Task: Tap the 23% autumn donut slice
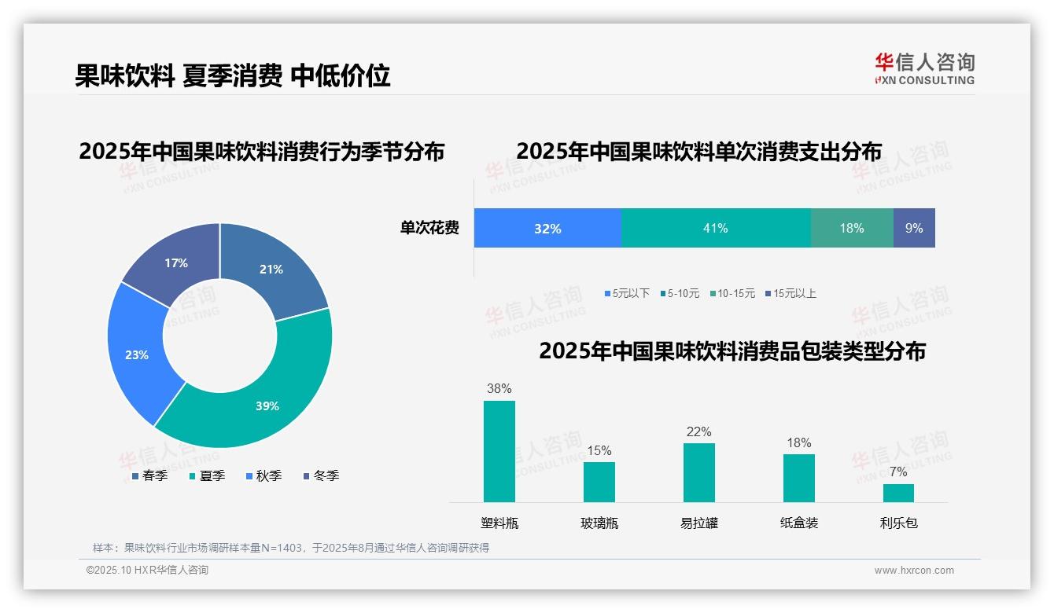[x=138, y=354]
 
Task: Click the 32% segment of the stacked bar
[x=547, y=228]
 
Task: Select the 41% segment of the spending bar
[x=716, y=228]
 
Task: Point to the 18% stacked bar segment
[x=852, y=228]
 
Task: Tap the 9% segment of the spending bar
[x=914, y=228]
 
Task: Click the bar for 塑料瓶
[x=499, y=451]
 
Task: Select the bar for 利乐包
[x=898, y=493]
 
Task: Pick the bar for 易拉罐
[x=699, y=472]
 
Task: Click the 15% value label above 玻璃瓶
[x=599, y=451]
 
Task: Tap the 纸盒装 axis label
[x=799, y=523]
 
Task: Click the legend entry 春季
[x=149, y=475]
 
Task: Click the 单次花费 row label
[x=429, y=229]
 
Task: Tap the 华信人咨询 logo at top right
[x=925, y=68]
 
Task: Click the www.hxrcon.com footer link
[x=914, y=571]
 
